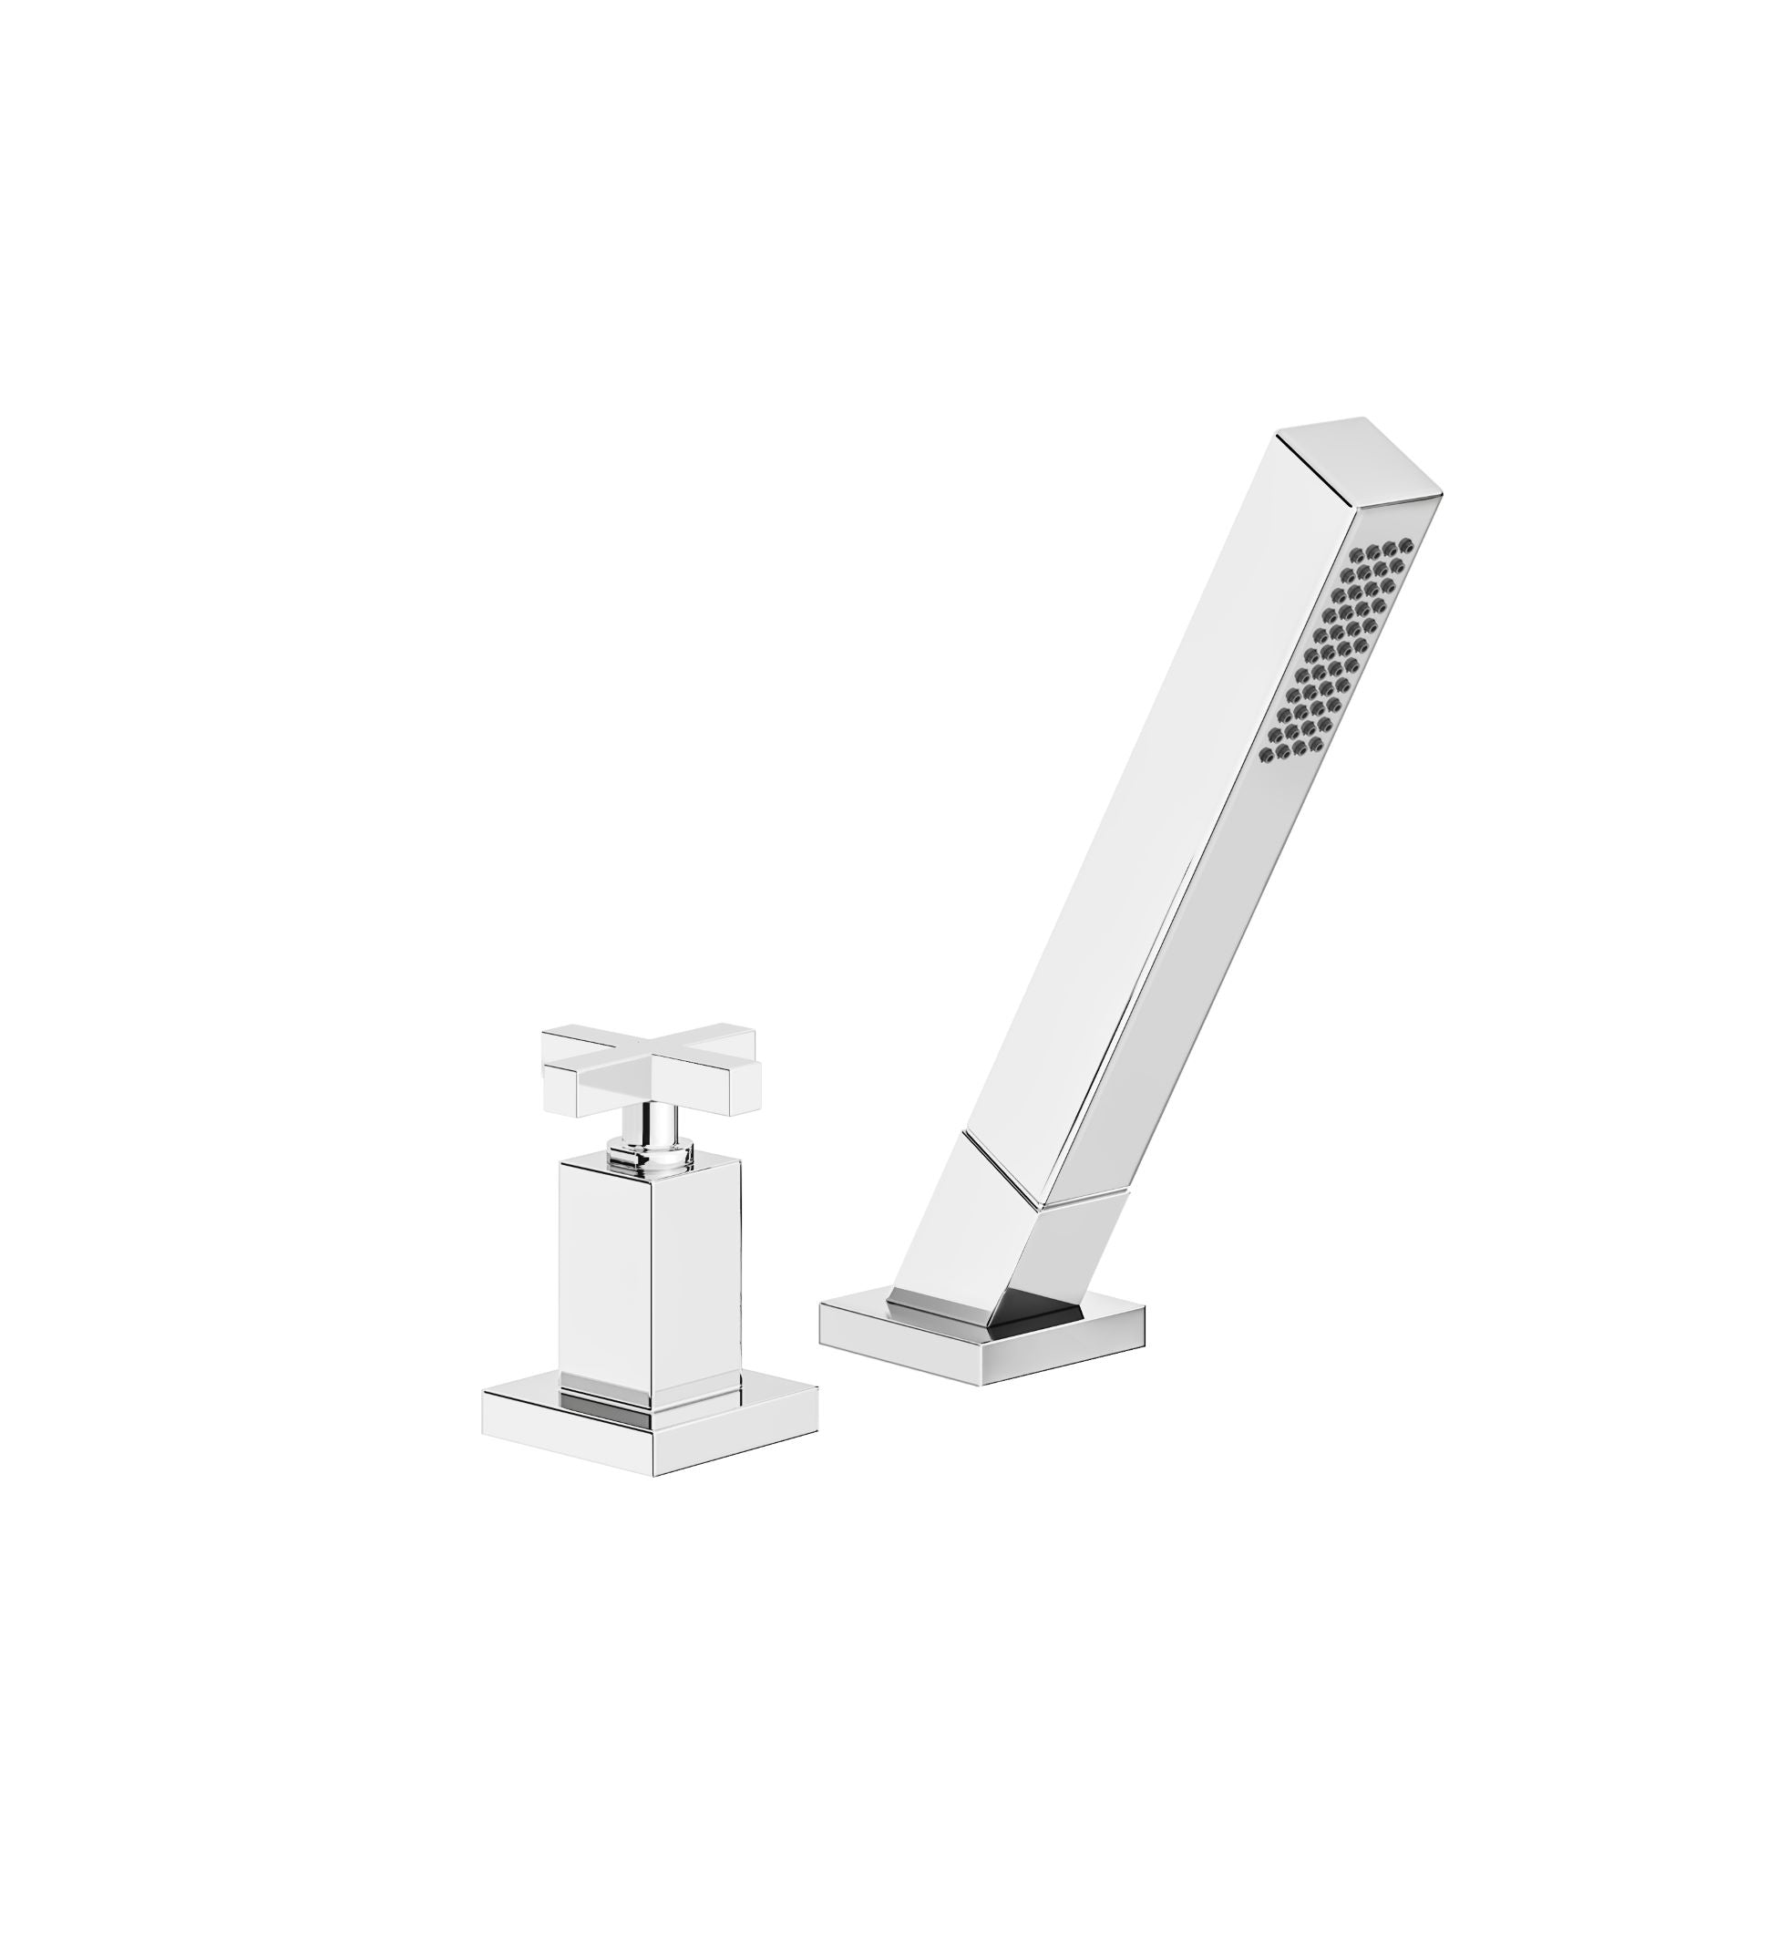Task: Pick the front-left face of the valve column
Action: [x=605, y=1287]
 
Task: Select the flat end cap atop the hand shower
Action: [x=1359, y=459]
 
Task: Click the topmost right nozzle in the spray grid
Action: [x=1407, y=549]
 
